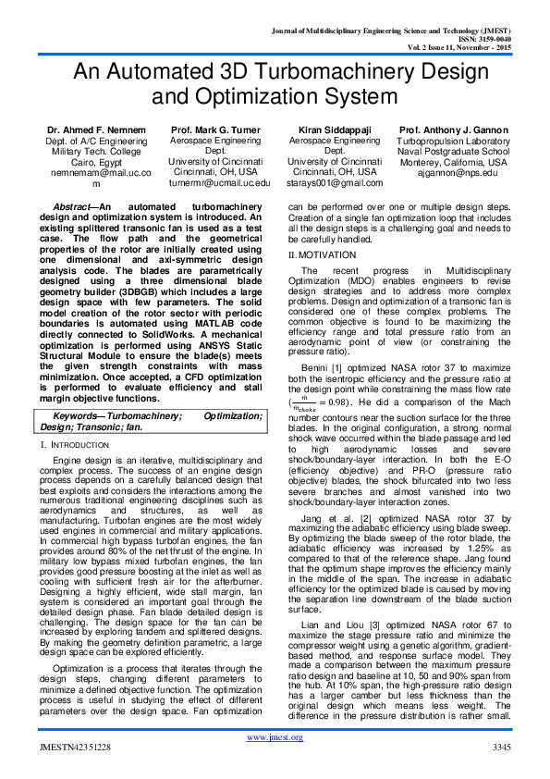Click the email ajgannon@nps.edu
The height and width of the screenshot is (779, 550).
pyautogui.click(x=456, y=173)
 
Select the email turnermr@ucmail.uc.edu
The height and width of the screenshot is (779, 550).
pyautogui.click(x=212, y=184)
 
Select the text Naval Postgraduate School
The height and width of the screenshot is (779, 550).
pyautogui.click(x=456, y=151)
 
